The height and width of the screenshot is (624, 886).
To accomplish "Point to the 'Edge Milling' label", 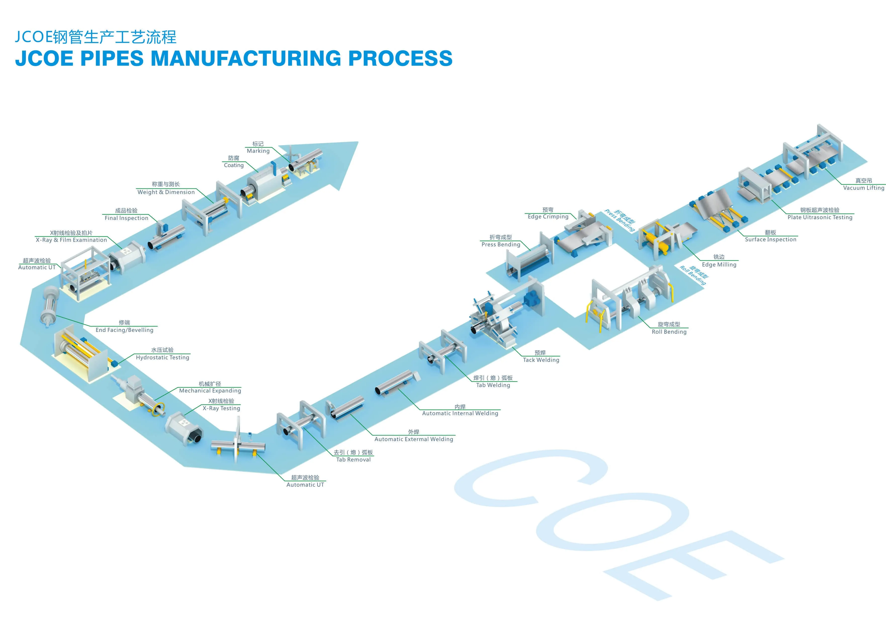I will click(719, 264).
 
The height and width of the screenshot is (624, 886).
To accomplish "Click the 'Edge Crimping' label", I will click(548, 217).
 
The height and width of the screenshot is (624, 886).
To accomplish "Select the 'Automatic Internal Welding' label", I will click(460, 413).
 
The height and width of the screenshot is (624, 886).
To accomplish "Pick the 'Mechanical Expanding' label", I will click(210, 391).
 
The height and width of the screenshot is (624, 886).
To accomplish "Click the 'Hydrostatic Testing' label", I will click(162, 358).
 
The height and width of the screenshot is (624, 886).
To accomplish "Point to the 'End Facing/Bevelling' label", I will click(124, 330).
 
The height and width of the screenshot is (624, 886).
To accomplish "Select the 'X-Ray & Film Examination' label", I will click(71, 240).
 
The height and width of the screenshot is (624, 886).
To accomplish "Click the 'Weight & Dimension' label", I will click(166, 192).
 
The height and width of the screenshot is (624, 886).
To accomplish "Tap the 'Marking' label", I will click(258, 151).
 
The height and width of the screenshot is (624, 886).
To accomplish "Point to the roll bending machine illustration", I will click(629, 301).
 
